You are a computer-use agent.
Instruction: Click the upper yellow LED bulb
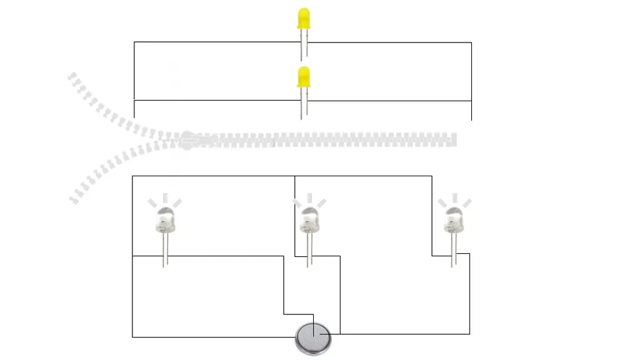tap(304, 18)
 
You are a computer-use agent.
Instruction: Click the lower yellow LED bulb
tap(304, 77)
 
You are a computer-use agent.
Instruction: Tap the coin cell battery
tap(312, 339)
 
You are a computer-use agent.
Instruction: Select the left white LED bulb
tap(164, 219)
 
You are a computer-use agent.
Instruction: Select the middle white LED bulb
tap(308, 220)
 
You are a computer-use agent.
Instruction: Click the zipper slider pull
tap(188, 139)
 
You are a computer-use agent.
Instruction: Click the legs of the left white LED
tap(165, 250)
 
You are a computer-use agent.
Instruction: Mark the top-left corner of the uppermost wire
tap(134, 42)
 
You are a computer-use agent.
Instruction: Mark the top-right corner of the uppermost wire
tap(471, 42)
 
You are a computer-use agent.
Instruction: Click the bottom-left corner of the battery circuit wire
tap(132, 337)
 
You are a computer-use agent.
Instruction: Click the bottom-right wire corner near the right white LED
tap(469, 334)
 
